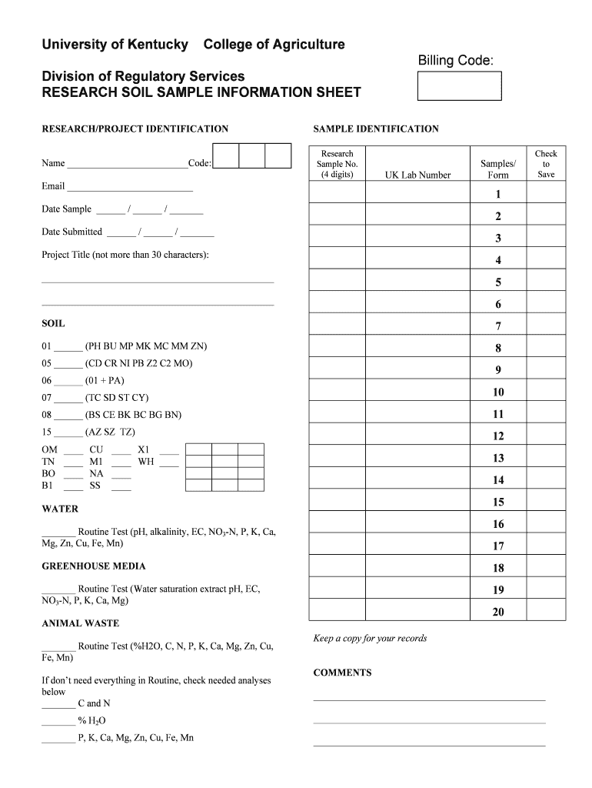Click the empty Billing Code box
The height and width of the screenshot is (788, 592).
coord(459,86)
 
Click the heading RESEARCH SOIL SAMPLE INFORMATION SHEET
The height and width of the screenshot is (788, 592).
coord(201,93)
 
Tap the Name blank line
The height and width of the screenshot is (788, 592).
coord(127,164)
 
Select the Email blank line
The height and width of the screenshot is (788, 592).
coord(130,187)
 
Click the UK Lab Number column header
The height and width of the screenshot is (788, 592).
coord(417,175)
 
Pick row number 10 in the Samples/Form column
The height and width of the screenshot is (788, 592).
coord(498,392)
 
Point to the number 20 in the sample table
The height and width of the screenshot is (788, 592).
coord(498,613)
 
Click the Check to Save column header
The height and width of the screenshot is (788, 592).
coord(546,164)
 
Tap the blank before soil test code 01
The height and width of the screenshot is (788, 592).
coord(68,347)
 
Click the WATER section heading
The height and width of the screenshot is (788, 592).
coord(60,509)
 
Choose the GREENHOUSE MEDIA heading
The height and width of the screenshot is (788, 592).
coord(93,566)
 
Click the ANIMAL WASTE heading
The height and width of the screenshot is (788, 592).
coord(80,623)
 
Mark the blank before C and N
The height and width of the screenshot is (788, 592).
coord(58,704)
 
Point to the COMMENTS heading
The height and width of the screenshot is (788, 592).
coord(342,673)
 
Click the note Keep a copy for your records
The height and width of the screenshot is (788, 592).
coord(370,638)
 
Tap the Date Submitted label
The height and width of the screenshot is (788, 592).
coord(72,232)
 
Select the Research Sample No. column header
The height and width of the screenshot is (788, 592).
coord(337,164)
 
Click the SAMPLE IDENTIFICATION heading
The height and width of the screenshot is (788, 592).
coord(376,129)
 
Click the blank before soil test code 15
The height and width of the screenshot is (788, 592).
coord(68,432)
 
